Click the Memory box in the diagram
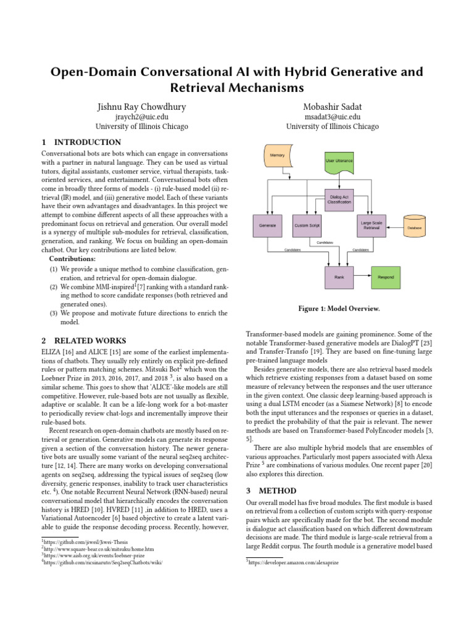coord(278,156)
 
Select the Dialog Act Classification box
coord(339,199)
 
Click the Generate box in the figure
coord(268,225)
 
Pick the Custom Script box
coord(306,225)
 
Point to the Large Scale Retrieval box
coord(372,225)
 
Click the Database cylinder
coord(414,227)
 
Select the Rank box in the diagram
coord(339,277)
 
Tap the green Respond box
coord(385,277)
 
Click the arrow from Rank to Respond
coord(362,277)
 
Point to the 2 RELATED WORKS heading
coord(83,341)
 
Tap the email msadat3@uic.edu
coord(332,117)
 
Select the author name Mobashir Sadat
coord(332,107)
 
